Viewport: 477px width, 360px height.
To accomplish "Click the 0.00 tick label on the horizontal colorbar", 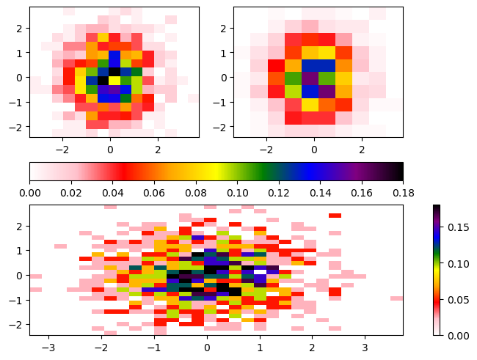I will pyautogui.click(x=29, y=192).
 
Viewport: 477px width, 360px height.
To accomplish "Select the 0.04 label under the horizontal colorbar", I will pyautogui.click(x=112, y=192).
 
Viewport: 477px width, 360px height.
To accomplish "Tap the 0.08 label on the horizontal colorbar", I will pyautogui.click(x=195, y=192).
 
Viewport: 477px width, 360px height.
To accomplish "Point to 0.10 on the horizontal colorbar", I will pyautogui.click(x=237, y=192).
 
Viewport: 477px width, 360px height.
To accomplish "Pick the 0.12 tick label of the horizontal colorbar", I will pyautogui.click(x=278, y=192).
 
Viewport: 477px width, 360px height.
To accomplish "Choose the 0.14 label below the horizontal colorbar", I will pyautogui.click(x=320, y=192).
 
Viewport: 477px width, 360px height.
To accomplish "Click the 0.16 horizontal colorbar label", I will pyautogui.click(x=361, y=192).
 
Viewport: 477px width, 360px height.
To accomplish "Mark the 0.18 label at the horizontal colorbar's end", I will pyautogui.click(x=403, y=192).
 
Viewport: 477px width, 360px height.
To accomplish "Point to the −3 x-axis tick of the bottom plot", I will pyautogui.click(x=49, y=346).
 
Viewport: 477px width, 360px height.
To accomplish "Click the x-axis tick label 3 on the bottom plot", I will pyautogui.click(x=365, y=346).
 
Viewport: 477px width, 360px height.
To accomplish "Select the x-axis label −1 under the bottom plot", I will pyautogui.click(x=154, y=346).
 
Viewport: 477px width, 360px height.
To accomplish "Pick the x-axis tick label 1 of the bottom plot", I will pyautogui.click(x=260, y=346).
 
